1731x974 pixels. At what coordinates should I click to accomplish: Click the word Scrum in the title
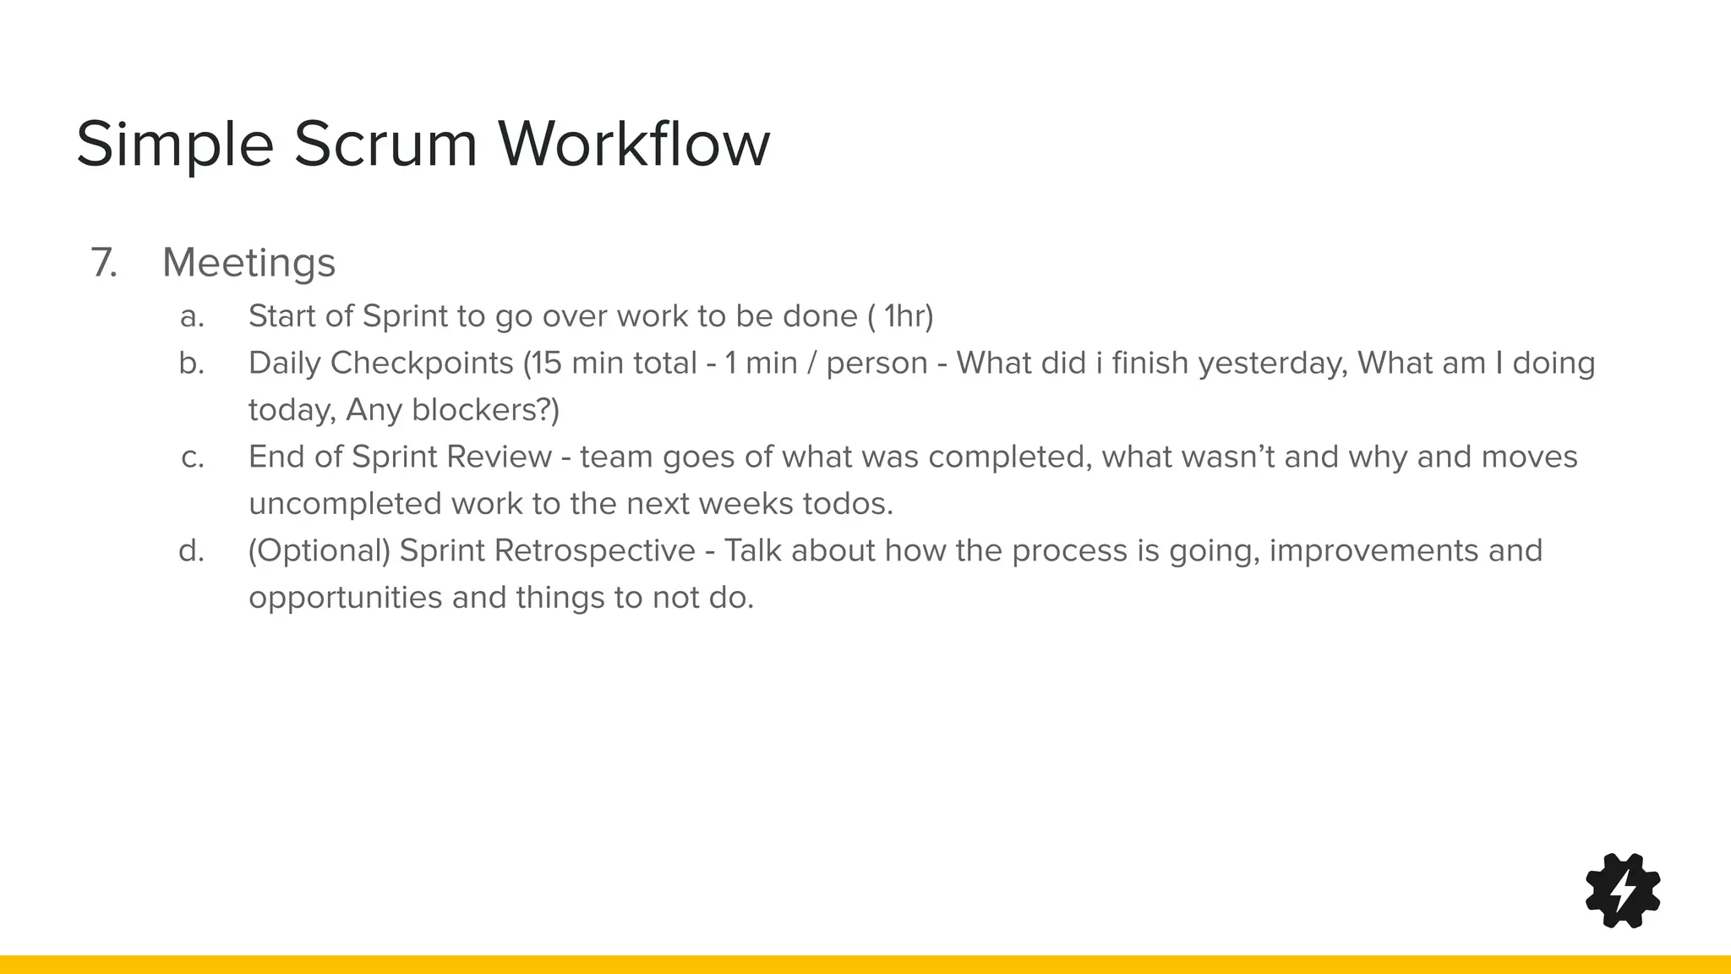point(386,144)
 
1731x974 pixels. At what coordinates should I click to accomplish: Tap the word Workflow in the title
point(634,144)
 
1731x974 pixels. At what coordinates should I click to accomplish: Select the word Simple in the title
point(175,144)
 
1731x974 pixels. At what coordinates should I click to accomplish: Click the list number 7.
point(104,263)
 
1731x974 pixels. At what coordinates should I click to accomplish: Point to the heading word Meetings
point(248,263)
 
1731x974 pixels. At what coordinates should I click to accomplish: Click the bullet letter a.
point(193,317)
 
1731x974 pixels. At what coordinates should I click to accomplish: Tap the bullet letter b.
point(193,364)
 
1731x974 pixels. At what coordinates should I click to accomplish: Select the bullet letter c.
point(193,457)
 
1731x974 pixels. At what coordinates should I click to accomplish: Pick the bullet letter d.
point(193,551)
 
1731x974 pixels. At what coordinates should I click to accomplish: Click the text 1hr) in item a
point(909,317)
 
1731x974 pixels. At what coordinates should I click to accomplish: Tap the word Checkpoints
point(422,364)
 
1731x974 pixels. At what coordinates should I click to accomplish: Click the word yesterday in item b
point(1273,364)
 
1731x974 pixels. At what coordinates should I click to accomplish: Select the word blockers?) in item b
point(486,411)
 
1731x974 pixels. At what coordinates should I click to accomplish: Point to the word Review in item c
point(499,457)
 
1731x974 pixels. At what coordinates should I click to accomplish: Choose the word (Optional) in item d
point(319,551)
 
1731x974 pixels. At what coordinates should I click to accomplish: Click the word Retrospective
point(594,551)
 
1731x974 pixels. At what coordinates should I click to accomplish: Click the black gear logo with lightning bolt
point(1623,890)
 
